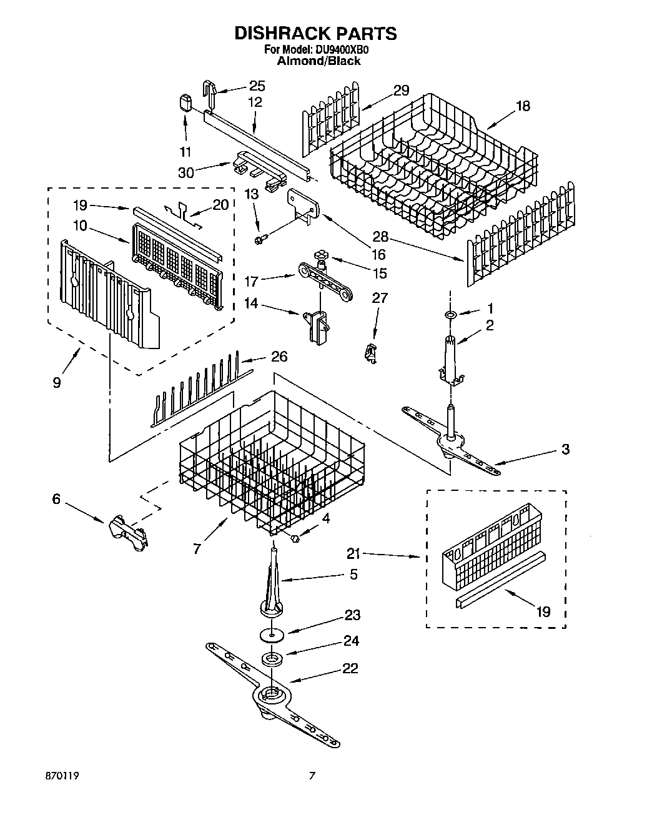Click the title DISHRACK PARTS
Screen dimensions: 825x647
(x=315, y=33)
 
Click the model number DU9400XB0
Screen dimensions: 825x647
(x=344, y=50)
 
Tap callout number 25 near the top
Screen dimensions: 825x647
(x=257, y=86)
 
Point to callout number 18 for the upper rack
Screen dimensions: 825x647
(x=522, y=106)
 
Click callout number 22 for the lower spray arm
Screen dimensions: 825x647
(x=350, y=668)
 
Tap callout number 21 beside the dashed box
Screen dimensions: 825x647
(x=354, y=553)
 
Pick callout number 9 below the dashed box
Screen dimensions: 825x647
(x=57, y=382)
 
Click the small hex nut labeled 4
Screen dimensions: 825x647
(x=297, y=538)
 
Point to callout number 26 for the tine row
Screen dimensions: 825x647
(x=279, y=357)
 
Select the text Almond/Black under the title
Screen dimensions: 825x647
(x=319, y=61)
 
